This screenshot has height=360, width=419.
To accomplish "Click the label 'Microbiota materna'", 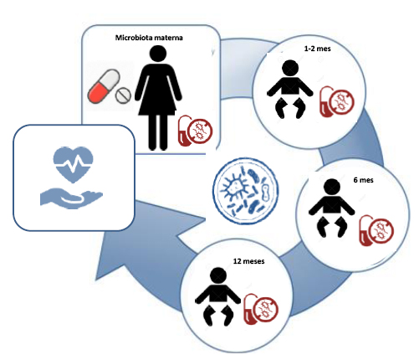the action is point(149,38).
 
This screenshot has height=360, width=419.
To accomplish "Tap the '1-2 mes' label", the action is point(317,49).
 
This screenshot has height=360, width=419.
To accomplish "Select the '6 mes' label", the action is point(363,180).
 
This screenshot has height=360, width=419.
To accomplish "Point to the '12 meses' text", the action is point(248,261).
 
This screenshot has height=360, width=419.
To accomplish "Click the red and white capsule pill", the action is point(104,86).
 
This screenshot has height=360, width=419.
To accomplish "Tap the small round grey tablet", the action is point(123,95).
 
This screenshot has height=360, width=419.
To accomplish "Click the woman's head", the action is point(158,54).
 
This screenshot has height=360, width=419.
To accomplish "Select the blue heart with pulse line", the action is point(73,164).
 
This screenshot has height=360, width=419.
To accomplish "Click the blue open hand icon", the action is point(71,198).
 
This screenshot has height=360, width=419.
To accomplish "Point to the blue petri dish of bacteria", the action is point(246,191).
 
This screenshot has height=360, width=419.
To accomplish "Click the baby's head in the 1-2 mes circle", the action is point(290,68).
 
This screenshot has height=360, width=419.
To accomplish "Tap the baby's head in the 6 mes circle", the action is point(332,187).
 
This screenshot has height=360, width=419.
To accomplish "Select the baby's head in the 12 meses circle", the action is point(218,276).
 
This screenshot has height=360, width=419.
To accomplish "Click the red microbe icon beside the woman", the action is point(196,131).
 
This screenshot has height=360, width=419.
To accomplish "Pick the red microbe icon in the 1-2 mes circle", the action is point(337,101).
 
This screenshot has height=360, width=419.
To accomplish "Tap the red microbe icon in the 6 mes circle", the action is point(376,230).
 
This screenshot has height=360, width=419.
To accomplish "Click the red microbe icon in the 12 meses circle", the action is point(261,309).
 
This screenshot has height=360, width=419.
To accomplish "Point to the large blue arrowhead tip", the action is point(95,280).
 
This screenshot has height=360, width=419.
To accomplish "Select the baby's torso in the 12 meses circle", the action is point(218,294).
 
